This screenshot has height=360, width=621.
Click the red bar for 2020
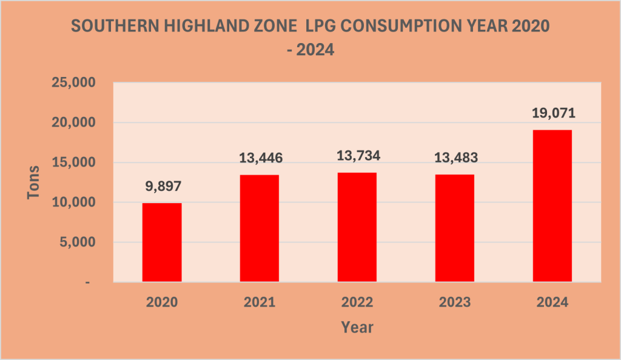(x=162, y=242)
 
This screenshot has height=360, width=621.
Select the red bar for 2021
(x=260, y=228)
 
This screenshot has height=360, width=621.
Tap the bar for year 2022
(x=357, y=227)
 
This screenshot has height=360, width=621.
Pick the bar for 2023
(x=454, y=228)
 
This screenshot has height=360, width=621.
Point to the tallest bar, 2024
(x=552, y=206)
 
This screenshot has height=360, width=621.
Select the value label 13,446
(x=260, y=159)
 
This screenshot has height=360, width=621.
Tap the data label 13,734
(x=357, y=156)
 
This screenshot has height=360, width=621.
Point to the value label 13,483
(x=454, y=159)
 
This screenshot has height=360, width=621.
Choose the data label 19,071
(x=552, y=113)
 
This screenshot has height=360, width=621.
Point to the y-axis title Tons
(x=35, y=182)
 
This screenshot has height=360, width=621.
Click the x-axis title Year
(x=357, y=328)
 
